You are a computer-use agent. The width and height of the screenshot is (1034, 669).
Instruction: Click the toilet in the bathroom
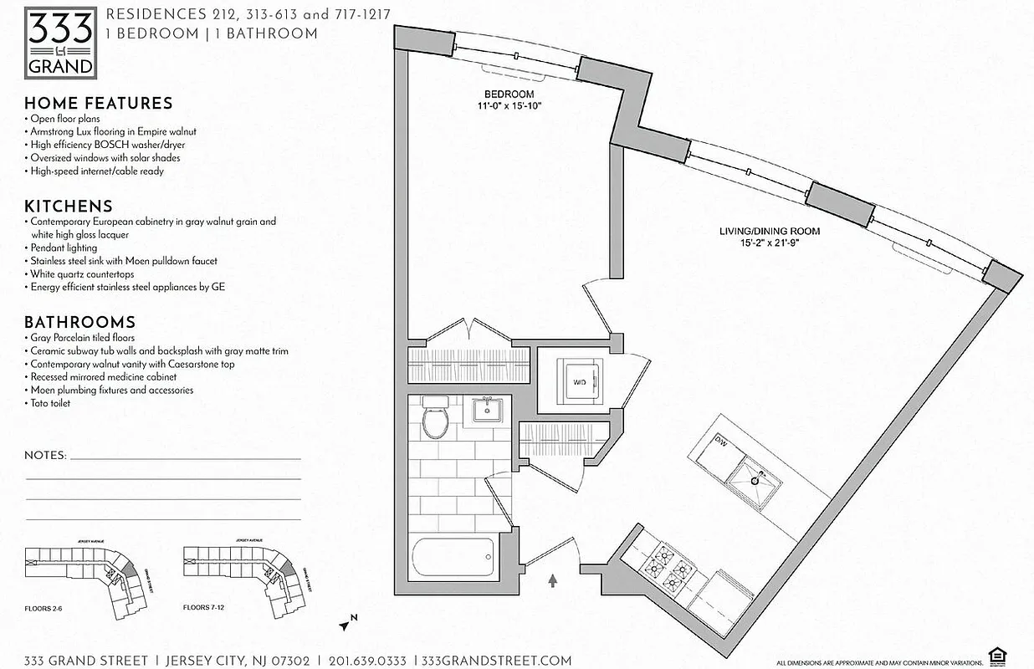point(435,418)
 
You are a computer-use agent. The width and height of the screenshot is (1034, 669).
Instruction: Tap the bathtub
point(453,556)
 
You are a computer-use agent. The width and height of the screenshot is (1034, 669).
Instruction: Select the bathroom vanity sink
point(485,409)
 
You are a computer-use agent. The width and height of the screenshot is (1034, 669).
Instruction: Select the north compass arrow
point(347,621)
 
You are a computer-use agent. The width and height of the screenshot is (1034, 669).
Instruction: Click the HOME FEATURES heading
point(98,104)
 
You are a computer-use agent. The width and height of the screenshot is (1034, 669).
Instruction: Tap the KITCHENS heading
point(68,207)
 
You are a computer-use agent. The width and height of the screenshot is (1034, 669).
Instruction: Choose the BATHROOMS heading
point(79,323)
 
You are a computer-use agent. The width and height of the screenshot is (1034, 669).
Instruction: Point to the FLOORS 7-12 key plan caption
point(205,609)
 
